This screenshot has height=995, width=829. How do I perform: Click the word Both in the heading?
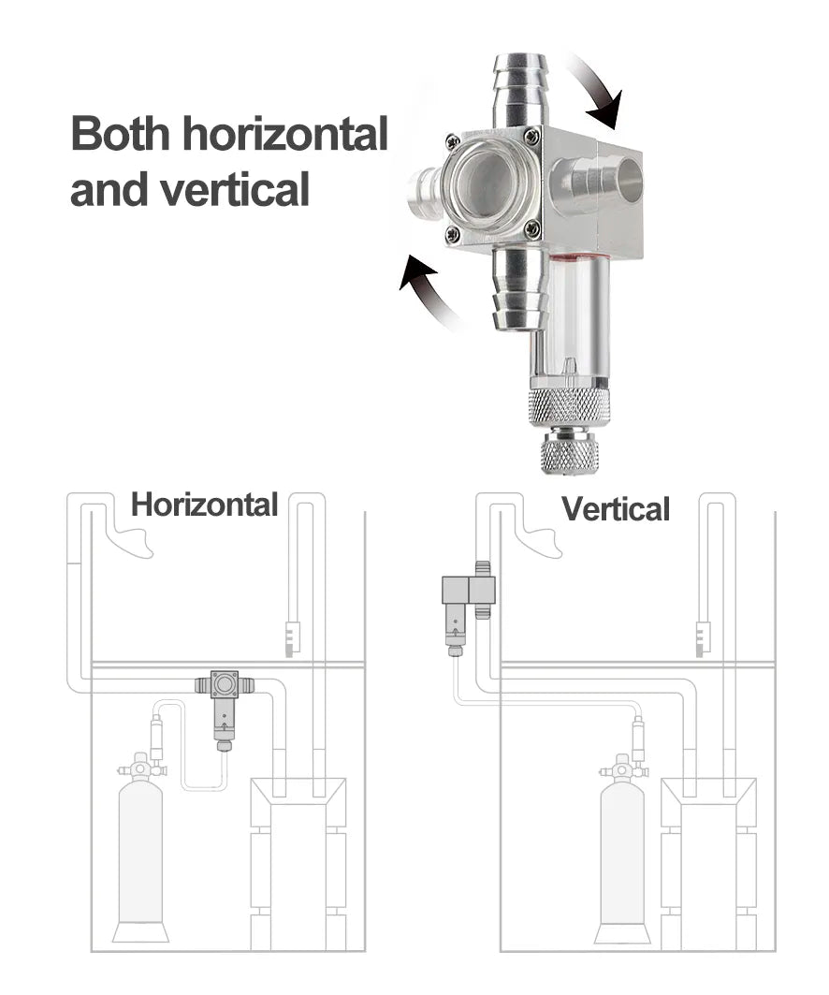(x=121, y=134)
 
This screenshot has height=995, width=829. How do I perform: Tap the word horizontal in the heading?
(x=284, y=134)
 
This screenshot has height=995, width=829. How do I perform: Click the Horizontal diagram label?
(x=204, y=505)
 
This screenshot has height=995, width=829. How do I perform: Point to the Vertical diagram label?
(x=616, y=509)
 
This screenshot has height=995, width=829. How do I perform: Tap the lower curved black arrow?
(x=427, y=291)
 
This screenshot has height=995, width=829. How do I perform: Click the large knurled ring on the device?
(x=569, y=406)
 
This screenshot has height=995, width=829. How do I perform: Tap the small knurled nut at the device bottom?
(x=569, y=453)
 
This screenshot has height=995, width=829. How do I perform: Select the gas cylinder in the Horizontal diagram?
(x=141, y=856)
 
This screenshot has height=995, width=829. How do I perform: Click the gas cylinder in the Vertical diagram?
(x=623, y=856)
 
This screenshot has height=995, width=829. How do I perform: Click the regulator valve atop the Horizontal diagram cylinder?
(x=141, y=768)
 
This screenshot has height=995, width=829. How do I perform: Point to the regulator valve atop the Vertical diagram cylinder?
(x=623, y=769)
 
